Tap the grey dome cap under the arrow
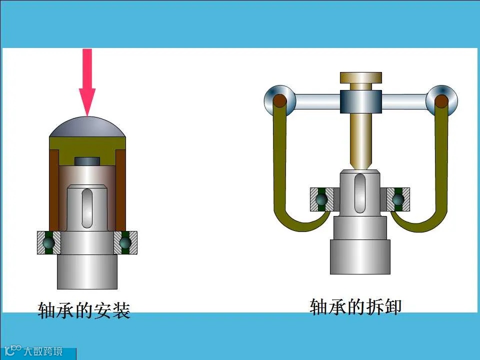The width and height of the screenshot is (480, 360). coord(87,127)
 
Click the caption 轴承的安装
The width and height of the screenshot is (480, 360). coord(84,310)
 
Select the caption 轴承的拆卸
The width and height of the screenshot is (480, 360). coord(355,306)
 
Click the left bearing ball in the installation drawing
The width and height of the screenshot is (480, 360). coord(48,242)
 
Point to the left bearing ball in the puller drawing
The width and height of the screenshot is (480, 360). coord(321,199)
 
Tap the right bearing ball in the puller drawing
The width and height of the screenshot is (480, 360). coord(398,199)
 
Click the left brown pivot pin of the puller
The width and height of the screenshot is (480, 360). coord(279,101)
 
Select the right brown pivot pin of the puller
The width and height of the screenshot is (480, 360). coord(441,101)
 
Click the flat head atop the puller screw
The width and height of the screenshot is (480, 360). coord(360,77)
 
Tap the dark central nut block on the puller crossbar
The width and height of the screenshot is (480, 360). coord(360,101)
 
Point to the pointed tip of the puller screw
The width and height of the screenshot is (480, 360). coord(360,165)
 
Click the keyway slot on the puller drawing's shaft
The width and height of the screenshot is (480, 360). coord(360,192)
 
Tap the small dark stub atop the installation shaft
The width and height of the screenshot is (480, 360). coord(87,161)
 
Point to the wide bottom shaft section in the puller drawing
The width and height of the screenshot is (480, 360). coord(360,256)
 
